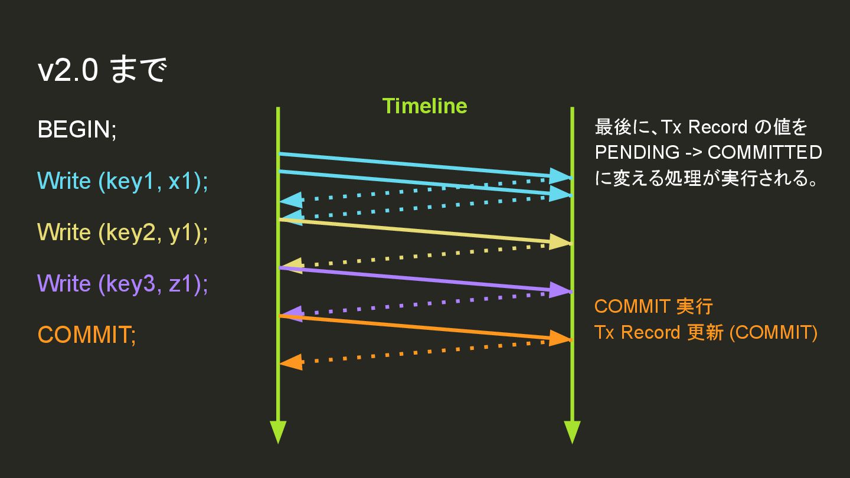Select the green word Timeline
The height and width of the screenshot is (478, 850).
[x=424, y=106]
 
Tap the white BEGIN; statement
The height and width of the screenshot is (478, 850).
[x=77, y=129]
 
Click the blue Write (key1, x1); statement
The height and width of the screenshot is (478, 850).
[x=123, y=181]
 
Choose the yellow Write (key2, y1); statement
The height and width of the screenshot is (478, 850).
[x=123, y=232]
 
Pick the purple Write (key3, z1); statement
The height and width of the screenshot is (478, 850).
[x=123, y=283]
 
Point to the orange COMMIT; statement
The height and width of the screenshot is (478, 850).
[x=87, y=335]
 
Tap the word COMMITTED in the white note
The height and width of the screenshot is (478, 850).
[x=764, y=152]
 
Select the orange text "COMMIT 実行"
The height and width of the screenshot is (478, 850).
[x=653, y=307]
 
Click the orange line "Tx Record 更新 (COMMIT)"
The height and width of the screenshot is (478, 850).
[x=705, y=332]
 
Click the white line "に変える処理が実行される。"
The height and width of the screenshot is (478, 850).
[x=706, y=178]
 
